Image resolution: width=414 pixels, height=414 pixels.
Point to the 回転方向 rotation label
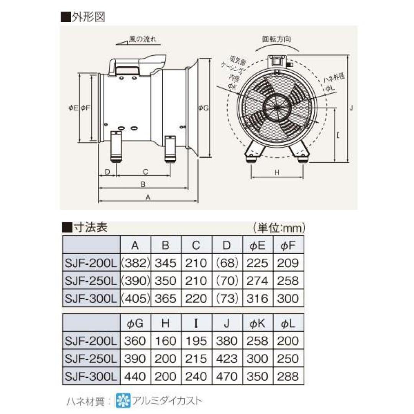click(276, 39)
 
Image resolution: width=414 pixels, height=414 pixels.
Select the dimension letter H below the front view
click(277, 173)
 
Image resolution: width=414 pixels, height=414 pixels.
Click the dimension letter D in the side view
click(107, 171)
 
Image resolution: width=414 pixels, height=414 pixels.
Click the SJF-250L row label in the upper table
click(90, 281)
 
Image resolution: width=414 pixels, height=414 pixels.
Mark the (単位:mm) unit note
click(279, 228)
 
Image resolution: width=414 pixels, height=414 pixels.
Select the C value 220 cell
click(196, 298)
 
